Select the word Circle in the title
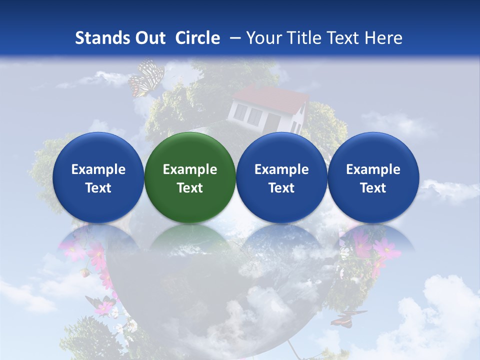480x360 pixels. point(197,38)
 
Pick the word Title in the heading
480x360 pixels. point(305,38)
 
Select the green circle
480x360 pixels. point(190,177)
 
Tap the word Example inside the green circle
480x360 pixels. point(190,169)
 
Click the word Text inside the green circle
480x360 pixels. point(190,188)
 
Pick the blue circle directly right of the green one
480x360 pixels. point(281,177)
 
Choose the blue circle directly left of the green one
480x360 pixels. point(98,177)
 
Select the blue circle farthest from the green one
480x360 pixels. point(373,177)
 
